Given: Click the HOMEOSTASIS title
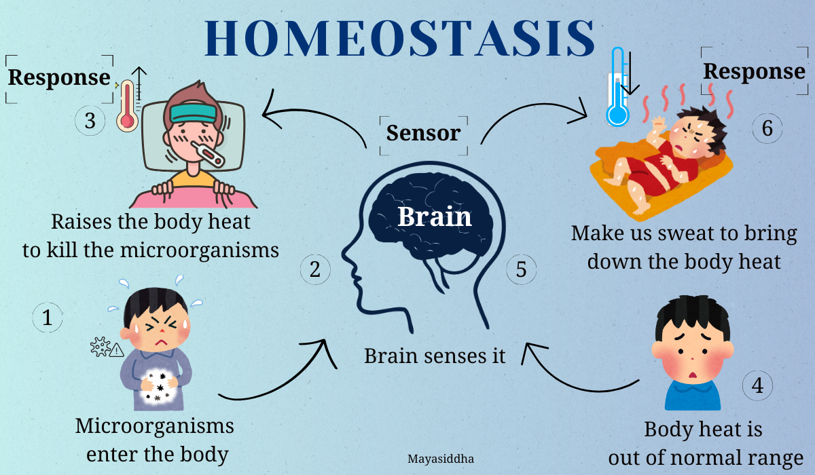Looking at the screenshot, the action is [399, 38].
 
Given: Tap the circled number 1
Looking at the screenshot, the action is [48, 318].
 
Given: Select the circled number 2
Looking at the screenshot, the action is [315, 269].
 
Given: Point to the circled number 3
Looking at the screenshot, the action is [90, 120].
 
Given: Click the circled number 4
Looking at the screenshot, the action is [757, 385].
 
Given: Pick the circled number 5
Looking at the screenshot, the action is [521, 269].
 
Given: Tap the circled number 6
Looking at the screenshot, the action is [767, 128].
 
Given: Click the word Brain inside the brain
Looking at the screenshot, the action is [435, 216].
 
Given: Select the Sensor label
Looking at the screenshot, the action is [424, 133].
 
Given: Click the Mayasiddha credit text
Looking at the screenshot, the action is [441, 459].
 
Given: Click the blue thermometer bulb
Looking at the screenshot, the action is [617, 115].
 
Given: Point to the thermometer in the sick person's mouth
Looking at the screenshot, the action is [208, 155].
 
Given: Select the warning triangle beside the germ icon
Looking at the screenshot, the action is [116, 350].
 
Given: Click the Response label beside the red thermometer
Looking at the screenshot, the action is [59, 77].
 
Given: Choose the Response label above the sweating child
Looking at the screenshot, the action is [755, 71].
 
